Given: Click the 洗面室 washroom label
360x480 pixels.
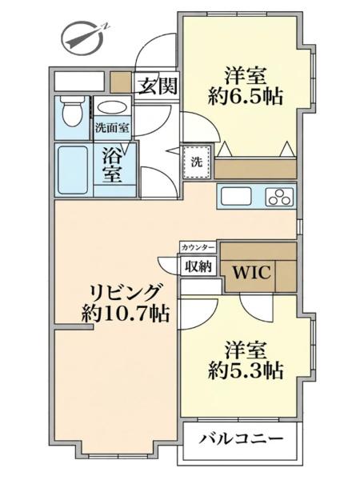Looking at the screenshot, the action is tap(112, 128).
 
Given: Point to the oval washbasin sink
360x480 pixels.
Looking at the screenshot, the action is tap(112, 108).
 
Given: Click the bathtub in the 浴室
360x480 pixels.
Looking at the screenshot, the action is tap(73, 170).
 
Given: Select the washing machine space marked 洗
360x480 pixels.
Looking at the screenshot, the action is tap(197, 162).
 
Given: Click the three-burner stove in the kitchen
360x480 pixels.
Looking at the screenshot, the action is tap(279, 196).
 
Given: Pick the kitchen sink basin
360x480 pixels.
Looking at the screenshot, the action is tap(236, 196).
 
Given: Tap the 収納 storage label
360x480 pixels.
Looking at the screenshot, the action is tap(198, 266).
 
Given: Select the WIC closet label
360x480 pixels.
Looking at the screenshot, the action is tap(252, 272).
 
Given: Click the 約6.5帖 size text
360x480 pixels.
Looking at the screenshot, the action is tap(246, 97).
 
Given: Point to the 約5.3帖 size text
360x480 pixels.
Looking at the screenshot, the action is tap(246, 371).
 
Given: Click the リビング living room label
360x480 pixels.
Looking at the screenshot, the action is tap(126, 293).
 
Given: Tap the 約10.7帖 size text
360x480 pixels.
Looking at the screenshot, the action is tap(126, 314).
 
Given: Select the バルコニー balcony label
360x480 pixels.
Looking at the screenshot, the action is tap(241, 439).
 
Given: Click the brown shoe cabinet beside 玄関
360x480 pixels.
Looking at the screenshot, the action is tap(121, 82).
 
